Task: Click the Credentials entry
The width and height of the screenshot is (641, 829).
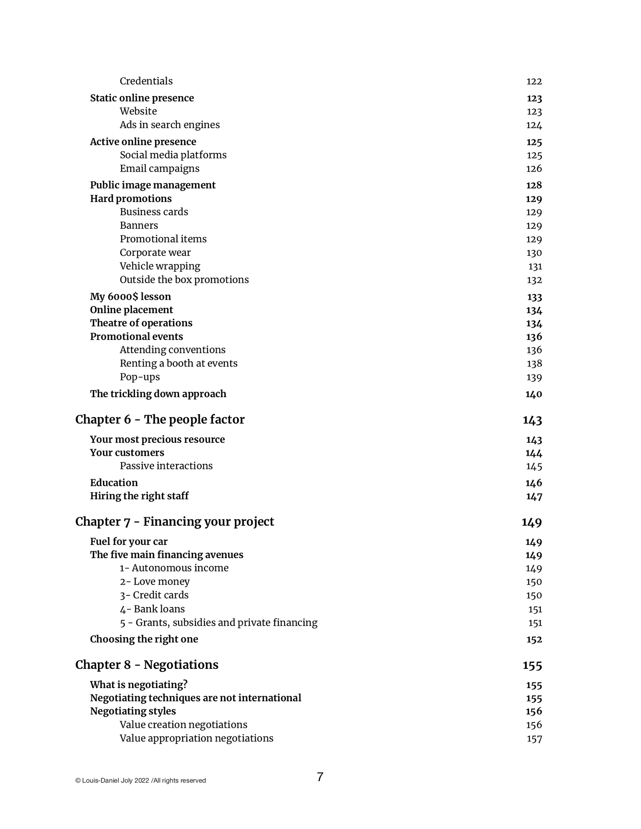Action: [x=146, y=81]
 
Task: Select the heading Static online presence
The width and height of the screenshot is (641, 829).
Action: [x=142, y=98]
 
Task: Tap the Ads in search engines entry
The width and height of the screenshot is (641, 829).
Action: [x=170, y=125]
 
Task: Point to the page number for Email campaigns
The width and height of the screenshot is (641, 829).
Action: [x=534, y=169]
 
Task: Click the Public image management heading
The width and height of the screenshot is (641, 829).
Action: [x=153, y=185]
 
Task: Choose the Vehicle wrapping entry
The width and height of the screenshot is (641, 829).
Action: [x=160, y=266]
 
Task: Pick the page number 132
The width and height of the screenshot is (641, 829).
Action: [x=534, y=280]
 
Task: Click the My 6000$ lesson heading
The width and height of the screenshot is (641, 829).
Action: [x=130, y=296]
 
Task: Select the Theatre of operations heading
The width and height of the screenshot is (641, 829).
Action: [x=141, y=323]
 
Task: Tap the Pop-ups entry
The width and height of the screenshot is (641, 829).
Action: [x=140, y=377]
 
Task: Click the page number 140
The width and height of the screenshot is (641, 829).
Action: [x=533, y=394]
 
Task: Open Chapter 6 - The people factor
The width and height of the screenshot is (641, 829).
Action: [x=160, y=419]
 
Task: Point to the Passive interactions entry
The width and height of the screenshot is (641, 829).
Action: [x=166, y=466]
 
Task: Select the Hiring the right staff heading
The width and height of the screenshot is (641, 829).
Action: [x=139, y=496]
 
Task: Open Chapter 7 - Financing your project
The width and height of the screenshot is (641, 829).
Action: [x=174, y=521]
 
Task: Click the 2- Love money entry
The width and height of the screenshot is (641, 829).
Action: [x=155, y=581]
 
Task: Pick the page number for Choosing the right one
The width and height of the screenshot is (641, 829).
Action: [x=534, y=639]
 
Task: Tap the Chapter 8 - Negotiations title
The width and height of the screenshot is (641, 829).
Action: [x=147, y=665]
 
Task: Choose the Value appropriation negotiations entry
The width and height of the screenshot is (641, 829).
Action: [x=196, y=738]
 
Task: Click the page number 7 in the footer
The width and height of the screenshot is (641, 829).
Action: [x=320, y=777]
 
